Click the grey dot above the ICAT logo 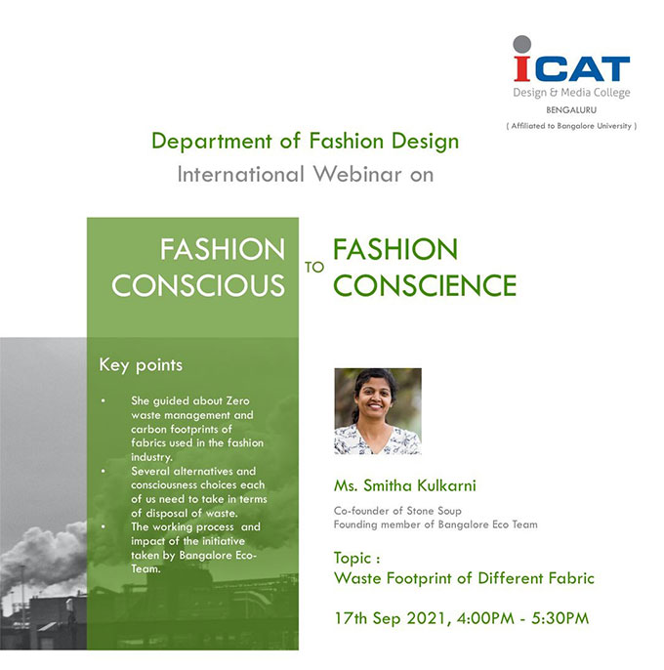coord(521,44)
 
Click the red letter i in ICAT coord(522,68)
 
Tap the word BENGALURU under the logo coord(571,109)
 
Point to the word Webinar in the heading coord(357,174)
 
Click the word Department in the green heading coord(212,142)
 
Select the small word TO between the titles coord(314,267)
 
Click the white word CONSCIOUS coord(198,285)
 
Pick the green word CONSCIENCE coord(425,285)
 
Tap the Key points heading coord(141,365)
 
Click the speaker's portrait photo coord(378,411)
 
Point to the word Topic coord(353,558)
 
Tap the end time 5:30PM coord(560,618)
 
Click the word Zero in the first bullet coord(237,400)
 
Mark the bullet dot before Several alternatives coord(103,472)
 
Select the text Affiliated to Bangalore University coord(571,126)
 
